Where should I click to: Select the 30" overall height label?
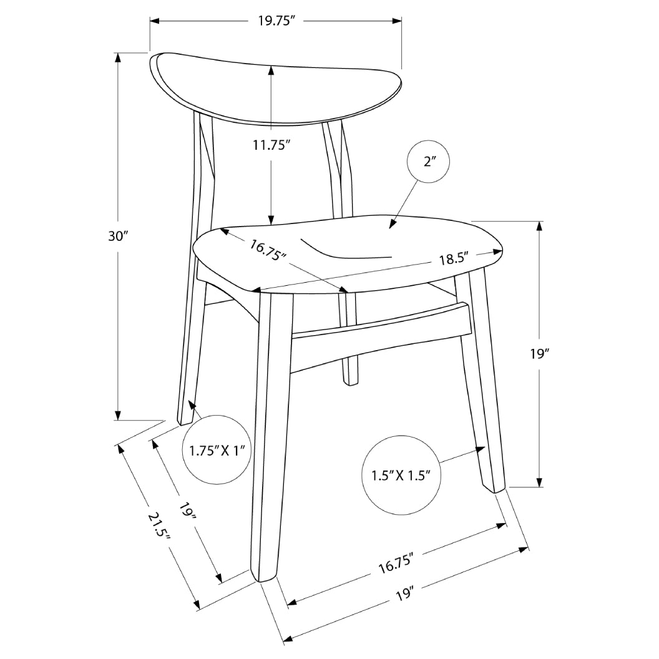coord(118,237)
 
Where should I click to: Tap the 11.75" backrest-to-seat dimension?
coord(271,145)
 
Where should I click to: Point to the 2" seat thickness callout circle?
coord(428,162)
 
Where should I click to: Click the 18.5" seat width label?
coord(454,259)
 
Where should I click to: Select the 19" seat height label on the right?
coord(540,354)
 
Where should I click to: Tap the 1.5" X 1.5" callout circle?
coord(401,476)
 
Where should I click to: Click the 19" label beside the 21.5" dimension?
coord(187,511)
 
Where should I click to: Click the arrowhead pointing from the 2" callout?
coord(393,225)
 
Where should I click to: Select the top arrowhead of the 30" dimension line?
coord(118,57)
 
